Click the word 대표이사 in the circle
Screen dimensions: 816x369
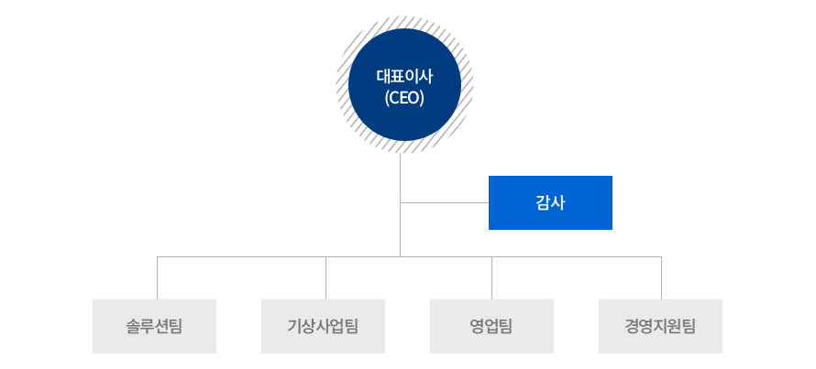pos(404,76)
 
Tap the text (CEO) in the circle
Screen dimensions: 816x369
pos(404,98)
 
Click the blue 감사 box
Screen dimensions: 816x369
pos(550,202)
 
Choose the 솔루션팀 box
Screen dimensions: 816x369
pos(154,326)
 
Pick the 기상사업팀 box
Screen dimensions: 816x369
pos(323,326)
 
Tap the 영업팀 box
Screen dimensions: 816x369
pos(491,326)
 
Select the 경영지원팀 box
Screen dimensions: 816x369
pos(660,326)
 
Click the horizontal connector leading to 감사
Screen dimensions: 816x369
pos(445,202)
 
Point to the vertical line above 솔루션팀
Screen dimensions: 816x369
pos(157,278)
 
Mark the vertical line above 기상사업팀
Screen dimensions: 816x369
pos(325,278)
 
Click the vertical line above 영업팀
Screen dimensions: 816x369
pos(491,278)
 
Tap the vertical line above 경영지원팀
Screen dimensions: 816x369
pos(661,278)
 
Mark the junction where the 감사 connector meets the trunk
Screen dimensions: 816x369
pos(400,202)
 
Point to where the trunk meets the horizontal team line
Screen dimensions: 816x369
pos(400,256)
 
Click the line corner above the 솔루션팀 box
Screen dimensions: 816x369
pos(157,256)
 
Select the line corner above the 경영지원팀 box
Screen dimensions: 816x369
pos(661,256)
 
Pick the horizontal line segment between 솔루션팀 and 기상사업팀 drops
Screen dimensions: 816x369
pos(241,256)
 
